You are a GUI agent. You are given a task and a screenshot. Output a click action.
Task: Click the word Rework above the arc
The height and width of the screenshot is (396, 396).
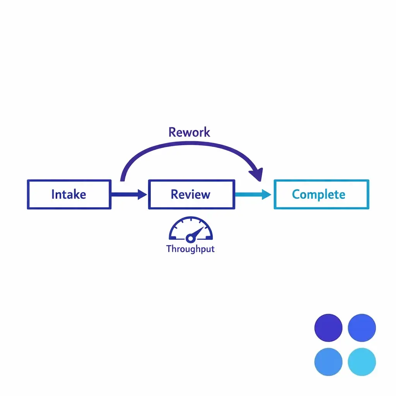(189, 132)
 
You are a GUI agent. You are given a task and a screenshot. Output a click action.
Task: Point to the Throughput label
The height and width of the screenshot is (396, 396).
(190, 249)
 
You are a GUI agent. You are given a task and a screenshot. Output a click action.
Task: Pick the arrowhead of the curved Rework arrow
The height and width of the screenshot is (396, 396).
(257, 174)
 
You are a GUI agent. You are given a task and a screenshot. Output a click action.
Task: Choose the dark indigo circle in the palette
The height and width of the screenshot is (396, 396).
(328, 328)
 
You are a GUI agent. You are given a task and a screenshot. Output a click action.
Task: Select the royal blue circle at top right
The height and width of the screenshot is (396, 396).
(362, 328)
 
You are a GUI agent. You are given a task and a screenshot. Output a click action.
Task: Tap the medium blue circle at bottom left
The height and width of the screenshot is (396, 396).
(328, 362)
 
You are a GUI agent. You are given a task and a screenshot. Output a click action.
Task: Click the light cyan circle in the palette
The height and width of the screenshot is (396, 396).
(362, 362)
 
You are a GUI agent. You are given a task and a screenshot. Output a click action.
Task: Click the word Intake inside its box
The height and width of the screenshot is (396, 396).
(69, 194)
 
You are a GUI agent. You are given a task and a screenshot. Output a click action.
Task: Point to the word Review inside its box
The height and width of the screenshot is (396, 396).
(191, 194)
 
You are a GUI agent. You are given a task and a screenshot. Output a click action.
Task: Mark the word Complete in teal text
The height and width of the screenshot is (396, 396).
(319, 194)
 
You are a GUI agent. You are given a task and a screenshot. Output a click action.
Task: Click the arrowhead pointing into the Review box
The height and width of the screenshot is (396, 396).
(142, 195)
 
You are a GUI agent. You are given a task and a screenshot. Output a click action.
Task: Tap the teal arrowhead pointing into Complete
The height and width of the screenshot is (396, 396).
(266, 195)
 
